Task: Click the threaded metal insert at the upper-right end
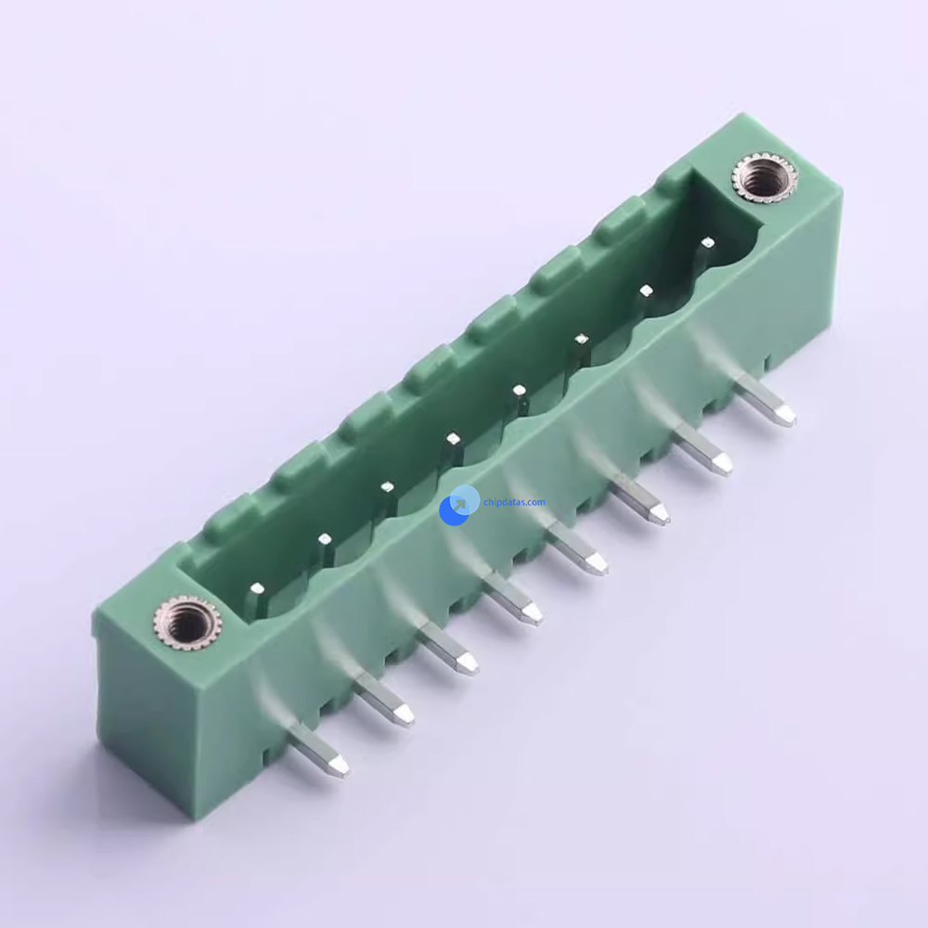point(764,177)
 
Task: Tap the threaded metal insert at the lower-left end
point(187,624)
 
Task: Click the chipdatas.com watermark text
point(514,502)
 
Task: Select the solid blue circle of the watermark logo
point(454,510)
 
